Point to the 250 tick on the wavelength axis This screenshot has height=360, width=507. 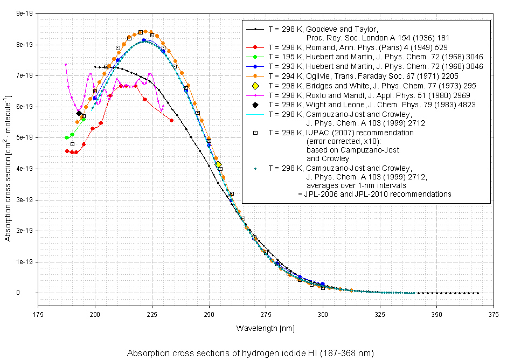pos(209,312)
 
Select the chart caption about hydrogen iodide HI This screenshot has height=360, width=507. pos(250,354)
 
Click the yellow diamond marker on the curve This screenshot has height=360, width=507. pos(218,164)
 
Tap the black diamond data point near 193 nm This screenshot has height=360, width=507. pos(79,113)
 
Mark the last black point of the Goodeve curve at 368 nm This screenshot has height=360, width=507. pos(478,293)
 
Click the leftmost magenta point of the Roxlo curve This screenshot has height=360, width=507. pos(66,65)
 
